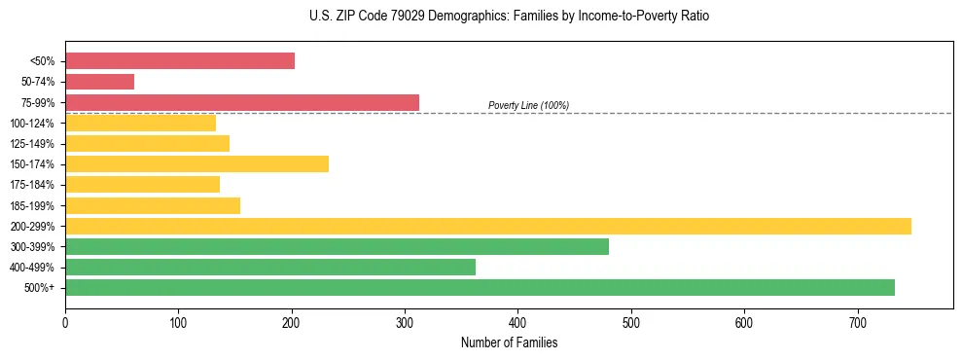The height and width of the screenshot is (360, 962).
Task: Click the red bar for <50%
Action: point(180,61)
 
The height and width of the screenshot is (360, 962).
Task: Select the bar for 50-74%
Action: point(99,82)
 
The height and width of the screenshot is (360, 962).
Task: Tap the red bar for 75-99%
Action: point(233,102)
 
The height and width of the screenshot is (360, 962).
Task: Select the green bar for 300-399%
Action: point(337,246)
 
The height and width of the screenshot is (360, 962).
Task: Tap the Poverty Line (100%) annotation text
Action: point(528,105)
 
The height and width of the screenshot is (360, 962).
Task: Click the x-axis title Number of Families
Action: point(509,342)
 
